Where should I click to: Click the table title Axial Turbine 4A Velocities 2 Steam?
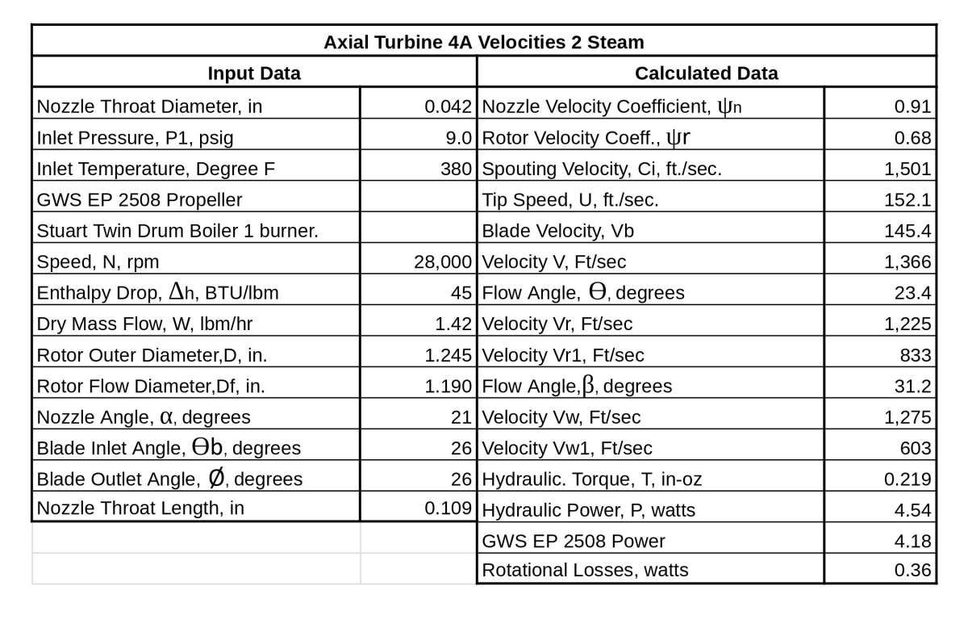483,41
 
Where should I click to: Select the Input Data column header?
254,73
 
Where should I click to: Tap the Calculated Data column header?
706,73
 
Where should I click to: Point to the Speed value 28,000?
442,262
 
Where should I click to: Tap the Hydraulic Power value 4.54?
915,510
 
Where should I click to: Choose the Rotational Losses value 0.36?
915,570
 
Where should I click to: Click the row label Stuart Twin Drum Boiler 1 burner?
177,231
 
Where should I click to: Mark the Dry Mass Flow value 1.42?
453,324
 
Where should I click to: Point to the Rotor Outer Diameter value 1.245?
448,355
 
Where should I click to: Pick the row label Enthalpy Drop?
157,293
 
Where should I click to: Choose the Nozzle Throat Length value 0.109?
448,509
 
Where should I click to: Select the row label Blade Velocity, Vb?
557,231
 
